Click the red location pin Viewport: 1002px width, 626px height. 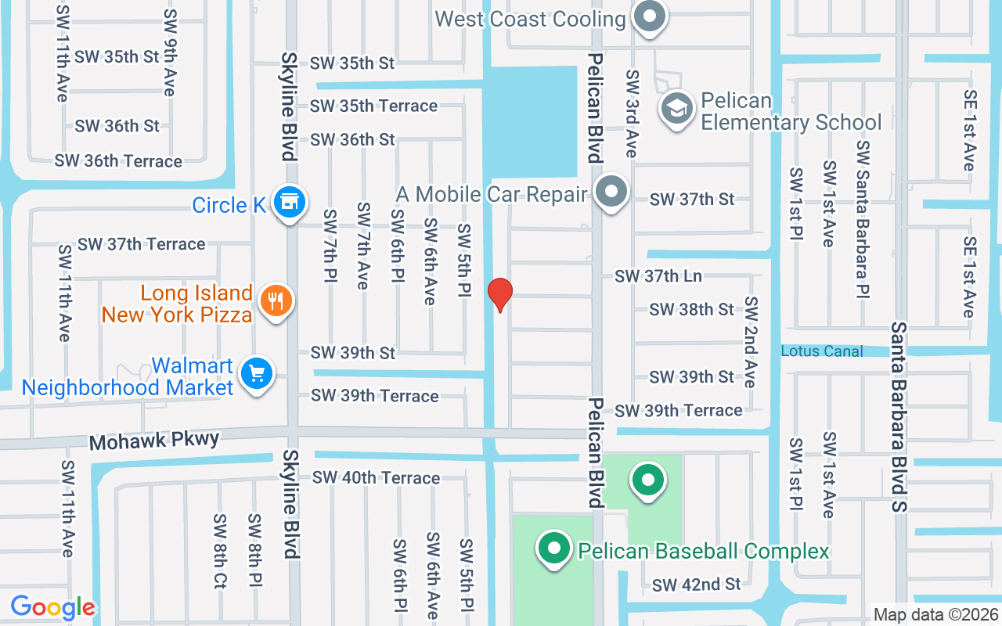499,294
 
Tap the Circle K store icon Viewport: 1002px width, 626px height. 290,202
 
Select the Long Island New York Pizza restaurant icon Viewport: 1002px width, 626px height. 275,300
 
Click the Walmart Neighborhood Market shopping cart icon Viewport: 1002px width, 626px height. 256,372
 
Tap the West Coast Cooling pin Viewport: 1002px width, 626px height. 648,17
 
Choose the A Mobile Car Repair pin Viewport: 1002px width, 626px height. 612,192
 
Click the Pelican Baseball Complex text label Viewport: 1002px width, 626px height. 703,551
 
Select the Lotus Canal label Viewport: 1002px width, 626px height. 822,351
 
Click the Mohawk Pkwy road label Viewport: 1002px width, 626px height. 153,441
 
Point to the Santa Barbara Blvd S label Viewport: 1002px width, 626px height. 899,417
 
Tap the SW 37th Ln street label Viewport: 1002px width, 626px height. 658,275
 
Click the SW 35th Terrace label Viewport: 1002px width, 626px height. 373,106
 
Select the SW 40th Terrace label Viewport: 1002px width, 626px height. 376,477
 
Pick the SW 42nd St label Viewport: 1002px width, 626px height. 696,585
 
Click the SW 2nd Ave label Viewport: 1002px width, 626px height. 751,342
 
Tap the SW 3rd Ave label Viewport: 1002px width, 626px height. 631,113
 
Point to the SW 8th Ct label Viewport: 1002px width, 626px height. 219,550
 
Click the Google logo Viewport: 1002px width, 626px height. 52,607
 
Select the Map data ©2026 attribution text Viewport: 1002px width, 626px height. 935,615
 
